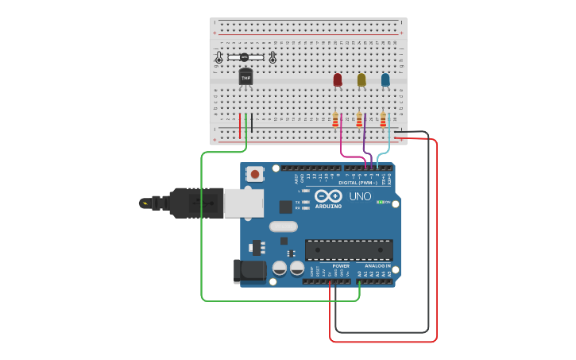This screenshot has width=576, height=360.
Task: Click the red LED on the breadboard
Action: pyautogui.click(x=338, y=79)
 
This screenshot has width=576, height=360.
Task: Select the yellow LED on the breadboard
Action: pyautogui.click(x=361, y=79)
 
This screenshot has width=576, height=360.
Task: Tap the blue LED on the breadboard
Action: pyautogui.click(x=385, y=79)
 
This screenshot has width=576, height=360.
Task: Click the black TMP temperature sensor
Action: pyautogui.click(x=245, y=77)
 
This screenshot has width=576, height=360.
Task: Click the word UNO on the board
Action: pyautogui.click(x=360, y=196)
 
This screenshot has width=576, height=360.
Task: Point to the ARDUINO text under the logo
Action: pyautogui.click(x=328, y=207)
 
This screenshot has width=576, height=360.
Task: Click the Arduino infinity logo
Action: pyautogui.click(x=328, y=195)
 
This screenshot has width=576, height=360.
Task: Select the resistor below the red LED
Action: pyautogui.click(x=335, y=120)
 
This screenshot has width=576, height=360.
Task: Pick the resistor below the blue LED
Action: pyautogui.click(x=383, y=120)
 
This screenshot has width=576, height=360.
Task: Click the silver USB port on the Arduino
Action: pyautogui.click(x=243, y=203)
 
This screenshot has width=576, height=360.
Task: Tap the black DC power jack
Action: pyautogui.click(x=250, y=270)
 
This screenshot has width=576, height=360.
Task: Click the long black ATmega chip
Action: pyautogui.click(x=349, y=250)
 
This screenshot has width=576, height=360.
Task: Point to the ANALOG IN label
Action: pyautogui.click(x=377, y=266)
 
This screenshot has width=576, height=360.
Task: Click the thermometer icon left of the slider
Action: pyautogui.click(x=219, y=57)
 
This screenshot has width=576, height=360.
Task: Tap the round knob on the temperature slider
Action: pyautogui.click(x=244, y=56)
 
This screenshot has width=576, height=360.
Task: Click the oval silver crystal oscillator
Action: pyautogui.click(x=284, y=226)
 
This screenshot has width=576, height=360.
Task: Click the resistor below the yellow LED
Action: pyautogui.click(x=359, y=120)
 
